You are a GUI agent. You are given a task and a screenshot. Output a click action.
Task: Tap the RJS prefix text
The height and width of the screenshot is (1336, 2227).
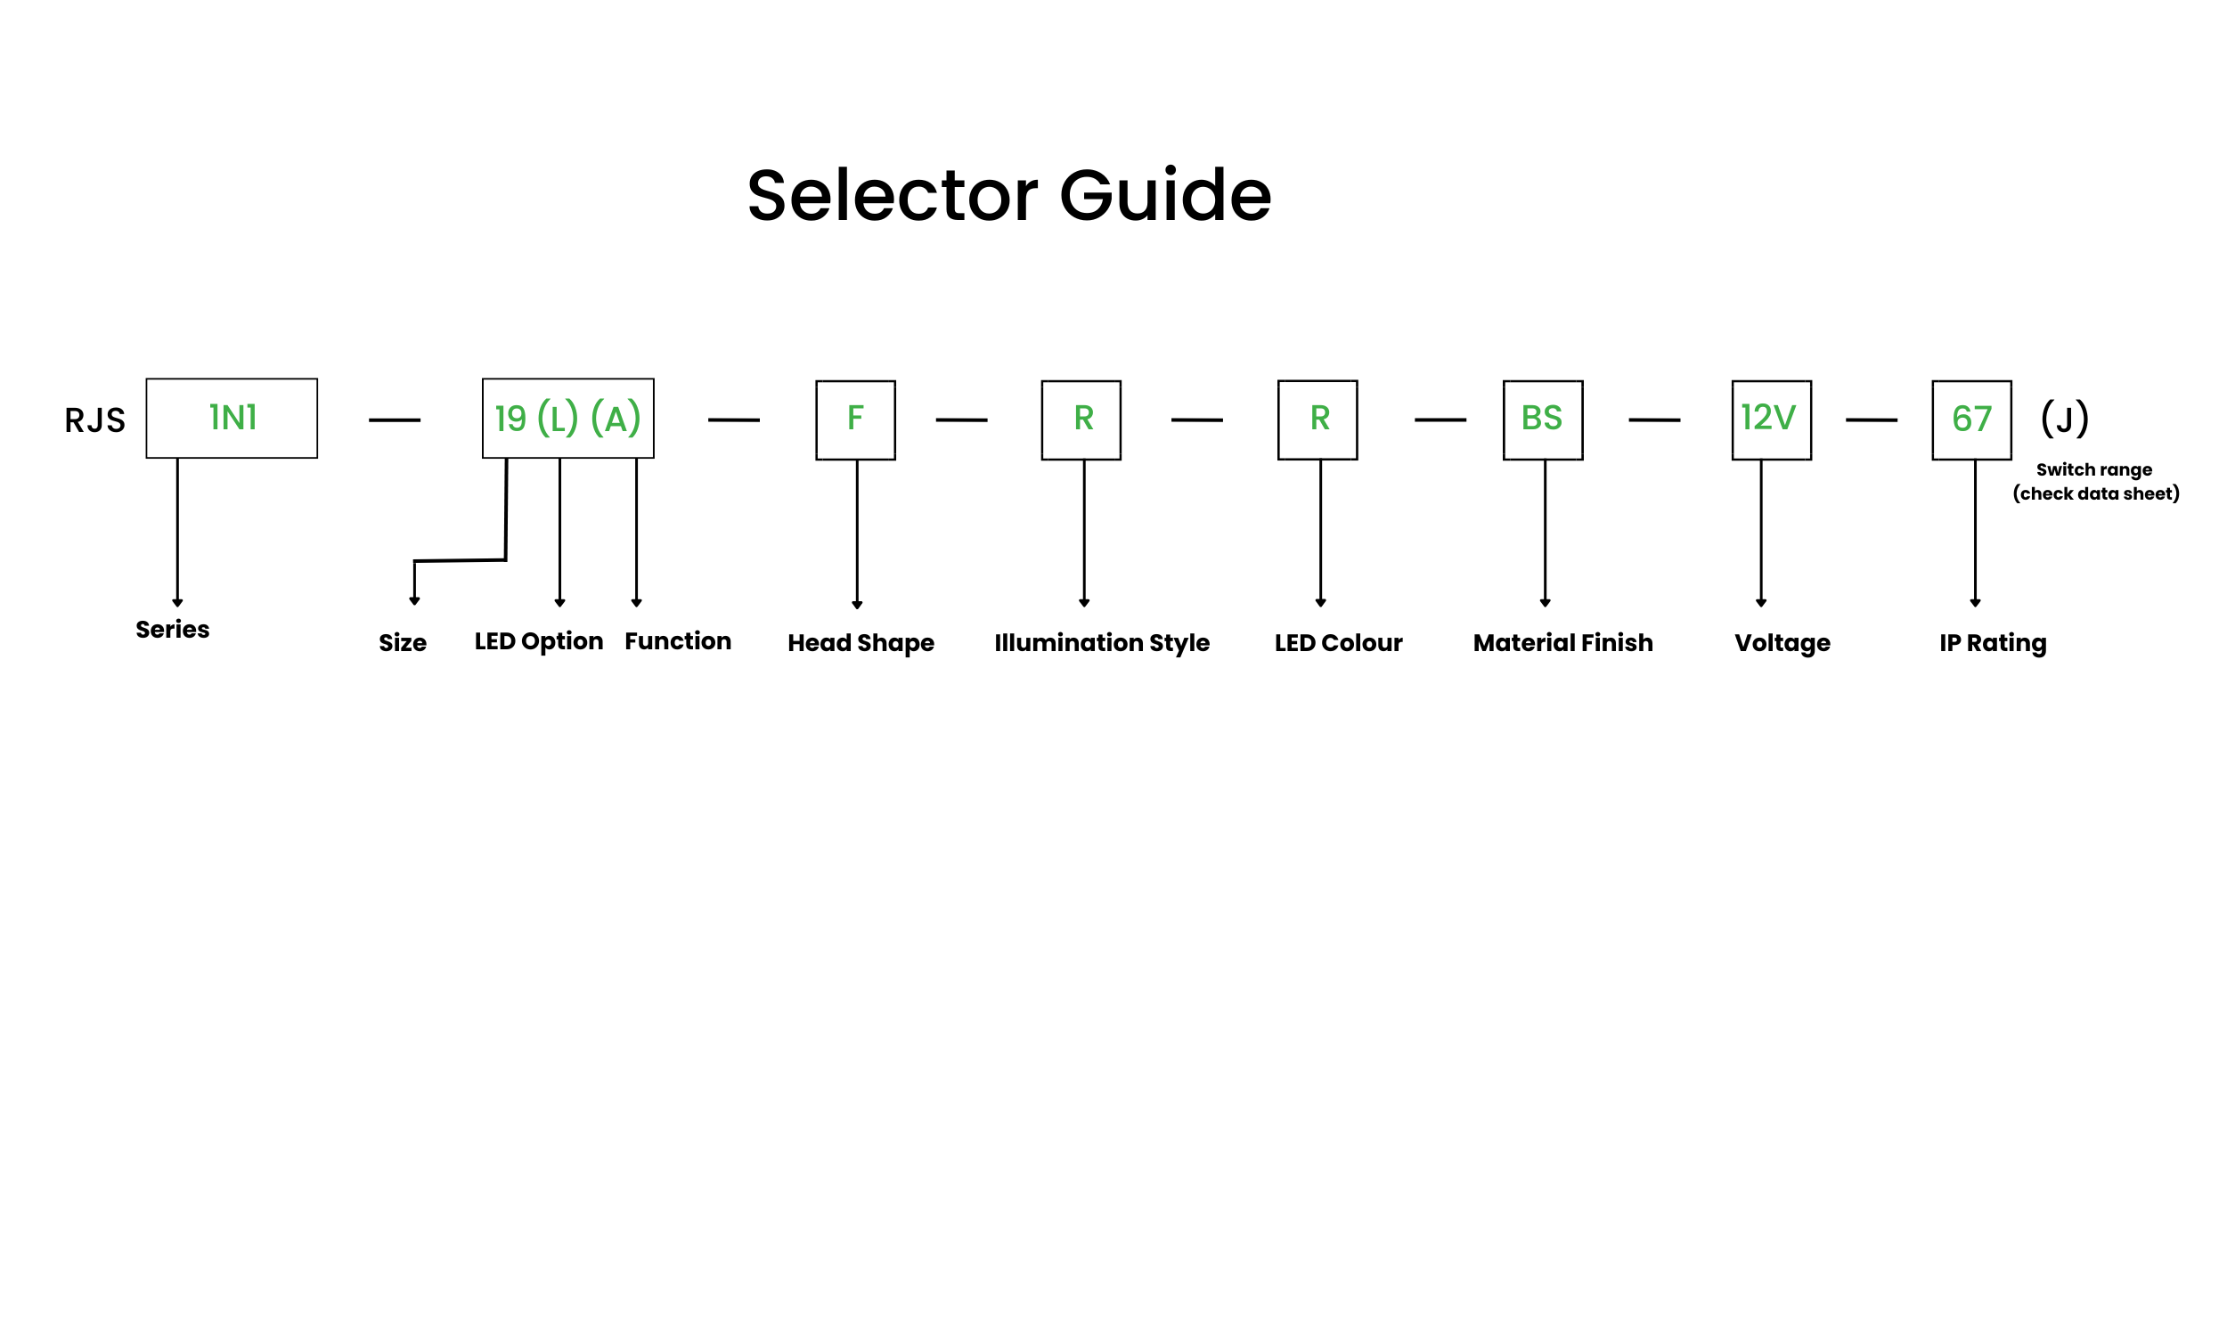tap(94, 420)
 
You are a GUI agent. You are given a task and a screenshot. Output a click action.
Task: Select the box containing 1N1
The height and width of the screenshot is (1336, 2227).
tap(232, 418)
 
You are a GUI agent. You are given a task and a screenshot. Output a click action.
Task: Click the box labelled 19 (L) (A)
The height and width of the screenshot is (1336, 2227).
tap(567, 418)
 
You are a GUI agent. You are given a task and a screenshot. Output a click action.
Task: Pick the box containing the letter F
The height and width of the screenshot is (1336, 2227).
tap(854, 420)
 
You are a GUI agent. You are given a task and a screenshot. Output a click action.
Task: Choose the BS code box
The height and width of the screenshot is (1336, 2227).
tap(1542, 420)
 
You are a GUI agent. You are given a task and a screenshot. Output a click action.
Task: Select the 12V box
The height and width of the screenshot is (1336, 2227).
tap(1771, 420)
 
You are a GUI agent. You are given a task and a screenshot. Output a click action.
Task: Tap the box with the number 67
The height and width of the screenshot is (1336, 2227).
tap(1970, 420)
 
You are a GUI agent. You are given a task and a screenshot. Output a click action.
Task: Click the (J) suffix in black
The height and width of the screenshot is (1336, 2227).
tap(2063, 419)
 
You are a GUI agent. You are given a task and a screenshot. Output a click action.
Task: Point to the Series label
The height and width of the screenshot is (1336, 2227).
tap(172, 630)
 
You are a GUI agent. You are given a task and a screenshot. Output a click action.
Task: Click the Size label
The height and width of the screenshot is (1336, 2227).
tap(403, 643)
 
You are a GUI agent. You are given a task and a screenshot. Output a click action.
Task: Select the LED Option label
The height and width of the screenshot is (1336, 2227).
tap(538, 641)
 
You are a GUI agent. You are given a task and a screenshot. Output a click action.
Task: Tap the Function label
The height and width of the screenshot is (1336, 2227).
tap(678, 641)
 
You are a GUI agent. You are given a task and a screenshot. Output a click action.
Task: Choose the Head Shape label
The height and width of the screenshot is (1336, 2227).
tap(861, 643)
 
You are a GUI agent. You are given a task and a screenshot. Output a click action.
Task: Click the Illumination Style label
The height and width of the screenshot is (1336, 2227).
tap(1101, 643)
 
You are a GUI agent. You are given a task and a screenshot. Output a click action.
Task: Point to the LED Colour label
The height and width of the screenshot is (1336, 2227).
tap(1338, 643)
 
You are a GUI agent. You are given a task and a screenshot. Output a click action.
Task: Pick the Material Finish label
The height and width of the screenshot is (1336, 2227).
tap(1562, 643)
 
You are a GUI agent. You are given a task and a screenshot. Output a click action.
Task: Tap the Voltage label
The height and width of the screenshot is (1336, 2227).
tap(1782, 643)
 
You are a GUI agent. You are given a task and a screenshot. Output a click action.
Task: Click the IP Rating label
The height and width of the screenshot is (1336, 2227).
tap(1992, 643)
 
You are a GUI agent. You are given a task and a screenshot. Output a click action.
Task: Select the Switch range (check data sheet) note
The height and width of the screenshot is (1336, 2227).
tap(2094, 482)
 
